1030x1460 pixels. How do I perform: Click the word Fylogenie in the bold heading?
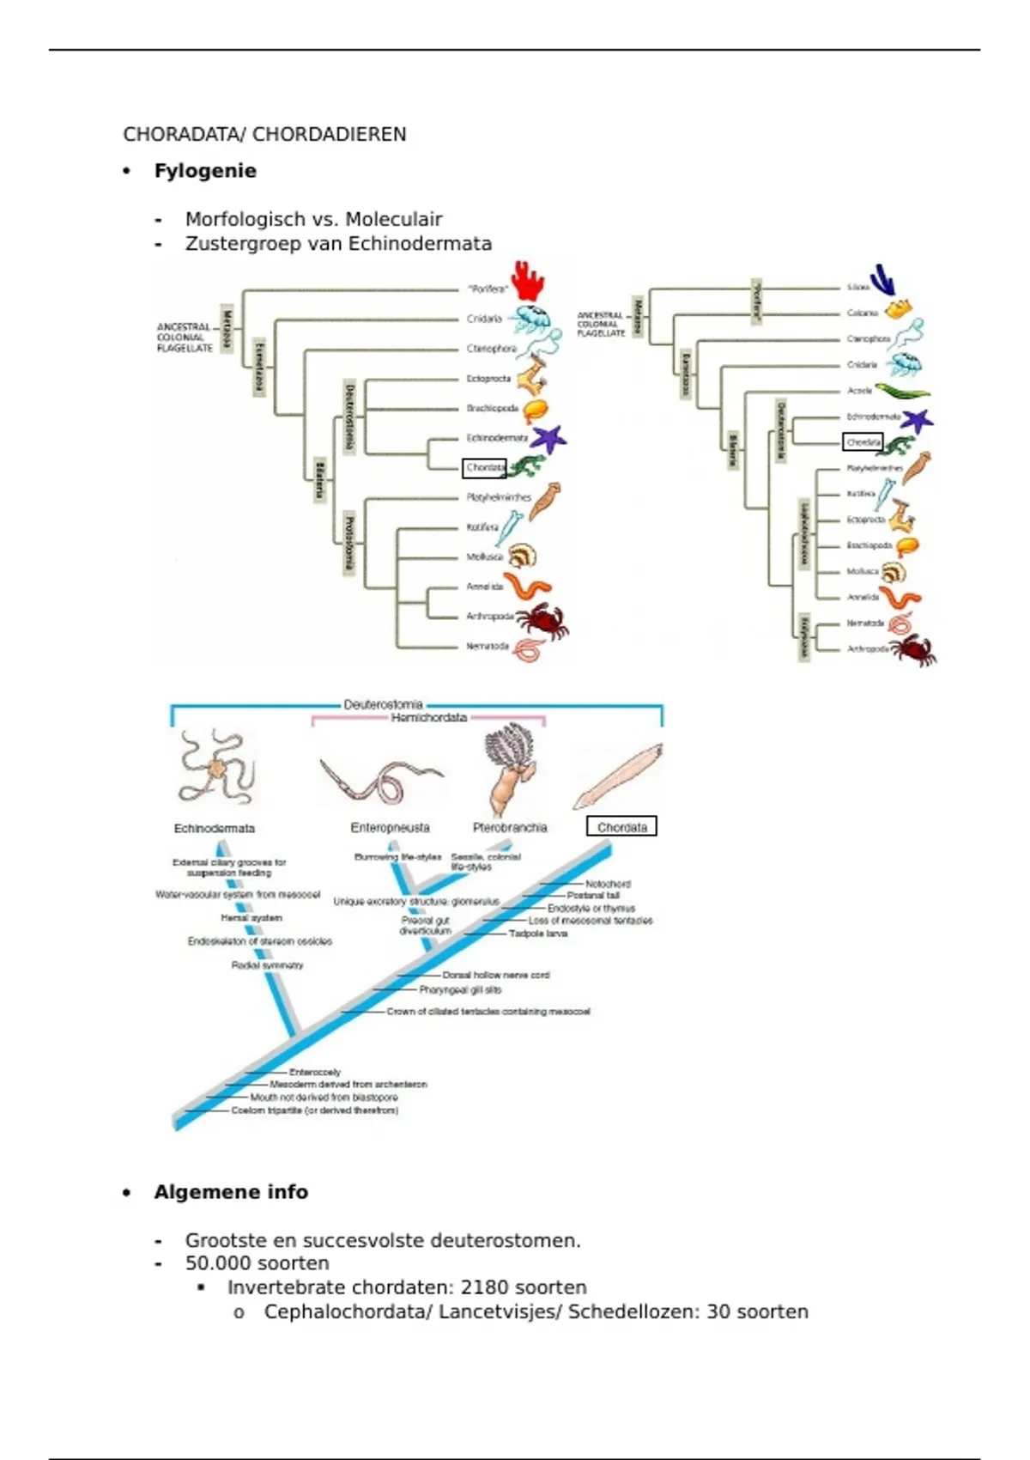coord(205,171)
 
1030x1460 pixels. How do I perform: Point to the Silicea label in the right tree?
coord(857,287)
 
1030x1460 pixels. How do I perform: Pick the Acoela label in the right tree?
coord(859,391)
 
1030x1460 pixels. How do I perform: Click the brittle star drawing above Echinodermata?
coord(215,767)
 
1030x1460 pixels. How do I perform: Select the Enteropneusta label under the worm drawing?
coord(390,828)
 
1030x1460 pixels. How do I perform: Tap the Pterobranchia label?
coord(509,828)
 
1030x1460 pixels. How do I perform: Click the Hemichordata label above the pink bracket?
coord(428,718)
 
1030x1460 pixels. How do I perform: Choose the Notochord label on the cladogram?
coord(608,884)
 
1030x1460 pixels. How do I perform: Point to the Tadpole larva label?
coord(538,934)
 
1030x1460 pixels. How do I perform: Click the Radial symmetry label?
coord(267,965)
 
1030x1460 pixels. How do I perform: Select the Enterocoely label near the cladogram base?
coord(315,1072)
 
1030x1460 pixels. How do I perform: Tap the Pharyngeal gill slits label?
coord(460,990)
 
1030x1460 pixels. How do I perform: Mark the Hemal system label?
coord(251,918)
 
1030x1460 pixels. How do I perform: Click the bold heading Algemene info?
coord(231,1192)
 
